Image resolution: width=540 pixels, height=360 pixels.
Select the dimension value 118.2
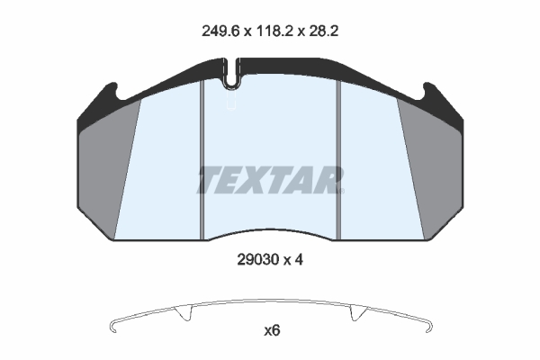[x=274, y=31]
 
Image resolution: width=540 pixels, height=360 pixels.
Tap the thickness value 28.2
[x=324, y=31]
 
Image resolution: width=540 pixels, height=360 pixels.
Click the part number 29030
[x=258, y=260]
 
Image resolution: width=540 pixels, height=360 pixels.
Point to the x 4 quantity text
[x=293, y=260]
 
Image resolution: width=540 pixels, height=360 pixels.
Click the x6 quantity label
[x=272, y=330]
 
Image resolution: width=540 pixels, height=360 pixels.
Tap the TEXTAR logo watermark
[x=270, y=180]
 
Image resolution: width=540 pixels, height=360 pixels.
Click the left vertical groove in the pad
[x=202, y=159]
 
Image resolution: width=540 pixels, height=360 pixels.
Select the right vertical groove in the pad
[x=338, y=159]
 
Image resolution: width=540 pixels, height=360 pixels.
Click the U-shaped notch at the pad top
[x=232, y=74]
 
